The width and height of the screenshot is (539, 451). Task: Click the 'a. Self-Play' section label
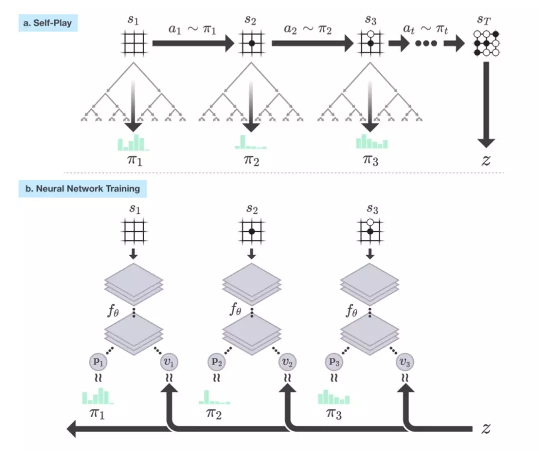coord(48,23)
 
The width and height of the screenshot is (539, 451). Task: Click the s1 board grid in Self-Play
coord(133,43)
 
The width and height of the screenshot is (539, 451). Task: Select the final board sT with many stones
coord(486,43)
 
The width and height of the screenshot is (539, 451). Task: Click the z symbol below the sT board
coord(486,160)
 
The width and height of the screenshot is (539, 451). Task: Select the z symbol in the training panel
coord(486,428)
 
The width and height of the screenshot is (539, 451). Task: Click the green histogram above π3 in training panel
coord(334,398)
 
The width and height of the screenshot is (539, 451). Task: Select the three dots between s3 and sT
coord(426,43)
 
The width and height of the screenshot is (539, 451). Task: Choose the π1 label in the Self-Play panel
coord(133,160)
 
